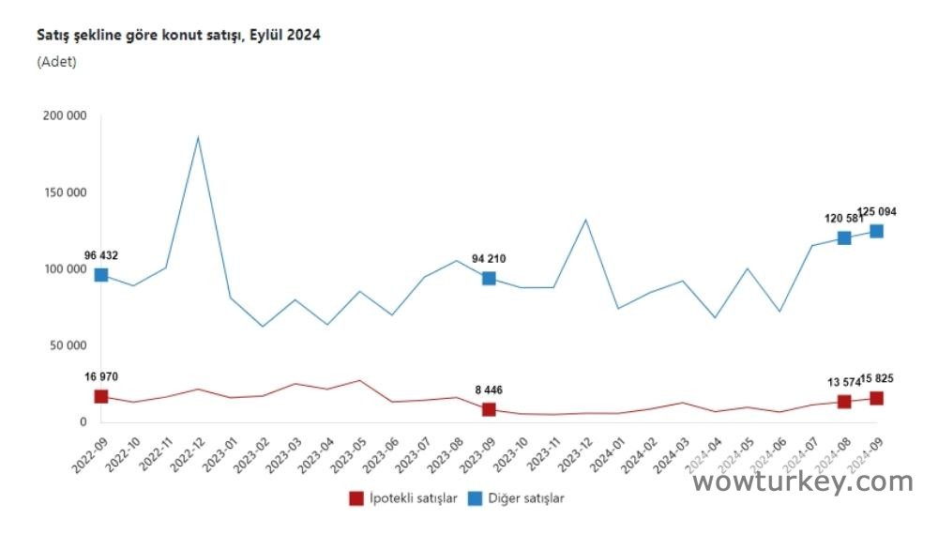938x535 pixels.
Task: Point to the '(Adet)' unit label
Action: (x=56, y=62)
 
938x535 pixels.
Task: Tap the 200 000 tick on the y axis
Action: (x=65, y=115)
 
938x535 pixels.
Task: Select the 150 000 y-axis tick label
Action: (x=65, y=192)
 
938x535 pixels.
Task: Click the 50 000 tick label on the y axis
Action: (x=68, y=345)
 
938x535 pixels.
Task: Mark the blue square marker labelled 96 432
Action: (x=100, y=275)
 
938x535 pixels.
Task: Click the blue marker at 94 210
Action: (x=489, y=278)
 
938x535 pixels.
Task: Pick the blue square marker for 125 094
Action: (x=876, y=231)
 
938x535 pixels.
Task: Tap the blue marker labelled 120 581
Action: (x=844, y=237)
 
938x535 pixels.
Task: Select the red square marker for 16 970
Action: (x=100, y=396)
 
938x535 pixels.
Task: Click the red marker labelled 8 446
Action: (x=489, y=409)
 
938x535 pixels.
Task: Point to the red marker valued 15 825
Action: (x=876, y=398)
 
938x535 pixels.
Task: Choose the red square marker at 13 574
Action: (x=844, y=402)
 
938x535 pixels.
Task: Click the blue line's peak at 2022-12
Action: (x=198, y=138)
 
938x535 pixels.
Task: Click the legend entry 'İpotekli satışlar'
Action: (x=403, y=498)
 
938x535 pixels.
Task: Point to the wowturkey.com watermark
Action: (x=802, y=482)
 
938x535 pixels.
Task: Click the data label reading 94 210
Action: (x=489, y=258)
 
